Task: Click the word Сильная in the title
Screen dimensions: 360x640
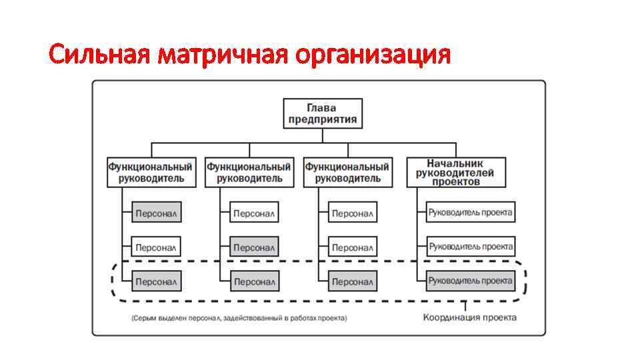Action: coord(100,55)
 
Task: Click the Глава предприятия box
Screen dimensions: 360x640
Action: coord(323,113)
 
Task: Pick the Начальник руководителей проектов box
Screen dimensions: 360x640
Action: coord(456,172)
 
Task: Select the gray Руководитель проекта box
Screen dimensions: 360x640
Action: coord(471,281)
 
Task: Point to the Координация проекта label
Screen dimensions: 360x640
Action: coord(469,317)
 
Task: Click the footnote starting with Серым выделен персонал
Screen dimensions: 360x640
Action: coord(239,318)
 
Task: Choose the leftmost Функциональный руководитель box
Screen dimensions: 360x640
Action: coord(151,172)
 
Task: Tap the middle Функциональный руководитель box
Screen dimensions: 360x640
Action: coord(249,172)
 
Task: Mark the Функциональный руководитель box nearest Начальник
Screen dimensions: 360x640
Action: coord(347,172)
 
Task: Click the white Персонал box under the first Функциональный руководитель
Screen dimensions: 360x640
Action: coord(156,247)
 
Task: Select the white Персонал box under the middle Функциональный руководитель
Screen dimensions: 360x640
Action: coord(254,213)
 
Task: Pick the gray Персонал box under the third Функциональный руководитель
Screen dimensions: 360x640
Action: coord(353,281)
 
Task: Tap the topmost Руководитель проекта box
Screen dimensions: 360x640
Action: coord(471,213)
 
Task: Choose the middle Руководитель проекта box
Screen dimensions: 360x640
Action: coord(471,247)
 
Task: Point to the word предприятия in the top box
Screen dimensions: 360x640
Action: coord(323,120)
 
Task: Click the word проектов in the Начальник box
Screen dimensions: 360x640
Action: coord(456,181)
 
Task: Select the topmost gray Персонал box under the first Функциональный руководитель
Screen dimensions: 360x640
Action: coord(156,213)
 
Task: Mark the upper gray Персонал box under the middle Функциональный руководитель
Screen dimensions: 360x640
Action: coord(254,247)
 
